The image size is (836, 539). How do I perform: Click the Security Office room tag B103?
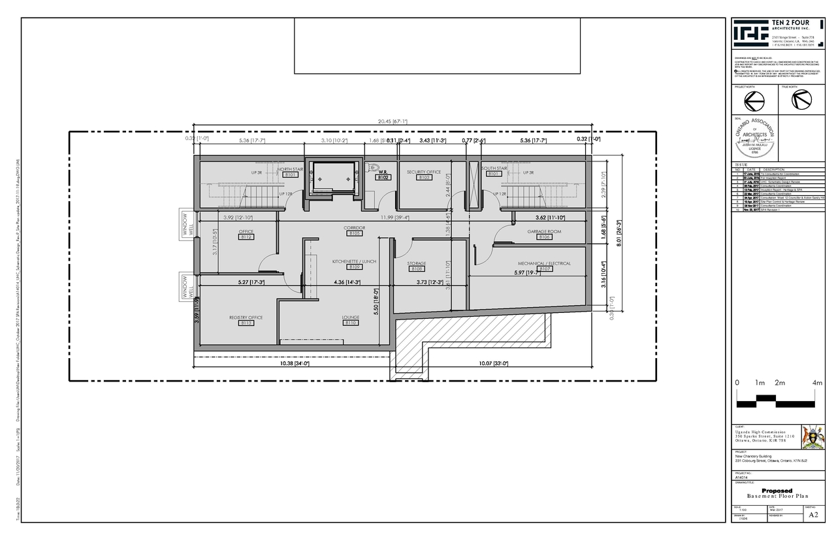(x=424, y=178)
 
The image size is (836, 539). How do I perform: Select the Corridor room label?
(x=355, y=227)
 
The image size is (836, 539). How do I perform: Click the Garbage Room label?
(x=545, y=231)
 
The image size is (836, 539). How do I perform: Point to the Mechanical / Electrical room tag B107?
(x=546, y=269)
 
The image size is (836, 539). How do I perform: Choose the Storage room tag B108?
(x=417, y=269)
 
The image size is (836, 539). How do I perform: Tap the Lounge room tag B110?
(x=351, y=323)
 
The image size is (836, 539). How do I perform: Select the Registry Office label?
(x=246, y=318)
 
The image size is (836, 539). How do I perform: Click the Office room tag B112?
(x=246, y=237)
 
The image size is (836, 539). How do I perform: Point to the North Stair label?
(x=290, y=169)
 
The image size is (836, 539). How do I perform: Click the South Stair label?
(x=494, y=169)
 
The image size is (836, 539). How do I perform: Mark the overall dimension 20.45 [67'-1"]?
(x=392, y=121)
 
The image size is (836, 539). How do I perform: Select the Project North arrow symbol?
(x=754, y=100)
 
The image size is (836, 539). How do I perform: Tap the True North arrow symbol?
(x=801, y=100)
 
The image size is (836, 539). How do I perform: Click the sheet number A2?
(x=812, y=515)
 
